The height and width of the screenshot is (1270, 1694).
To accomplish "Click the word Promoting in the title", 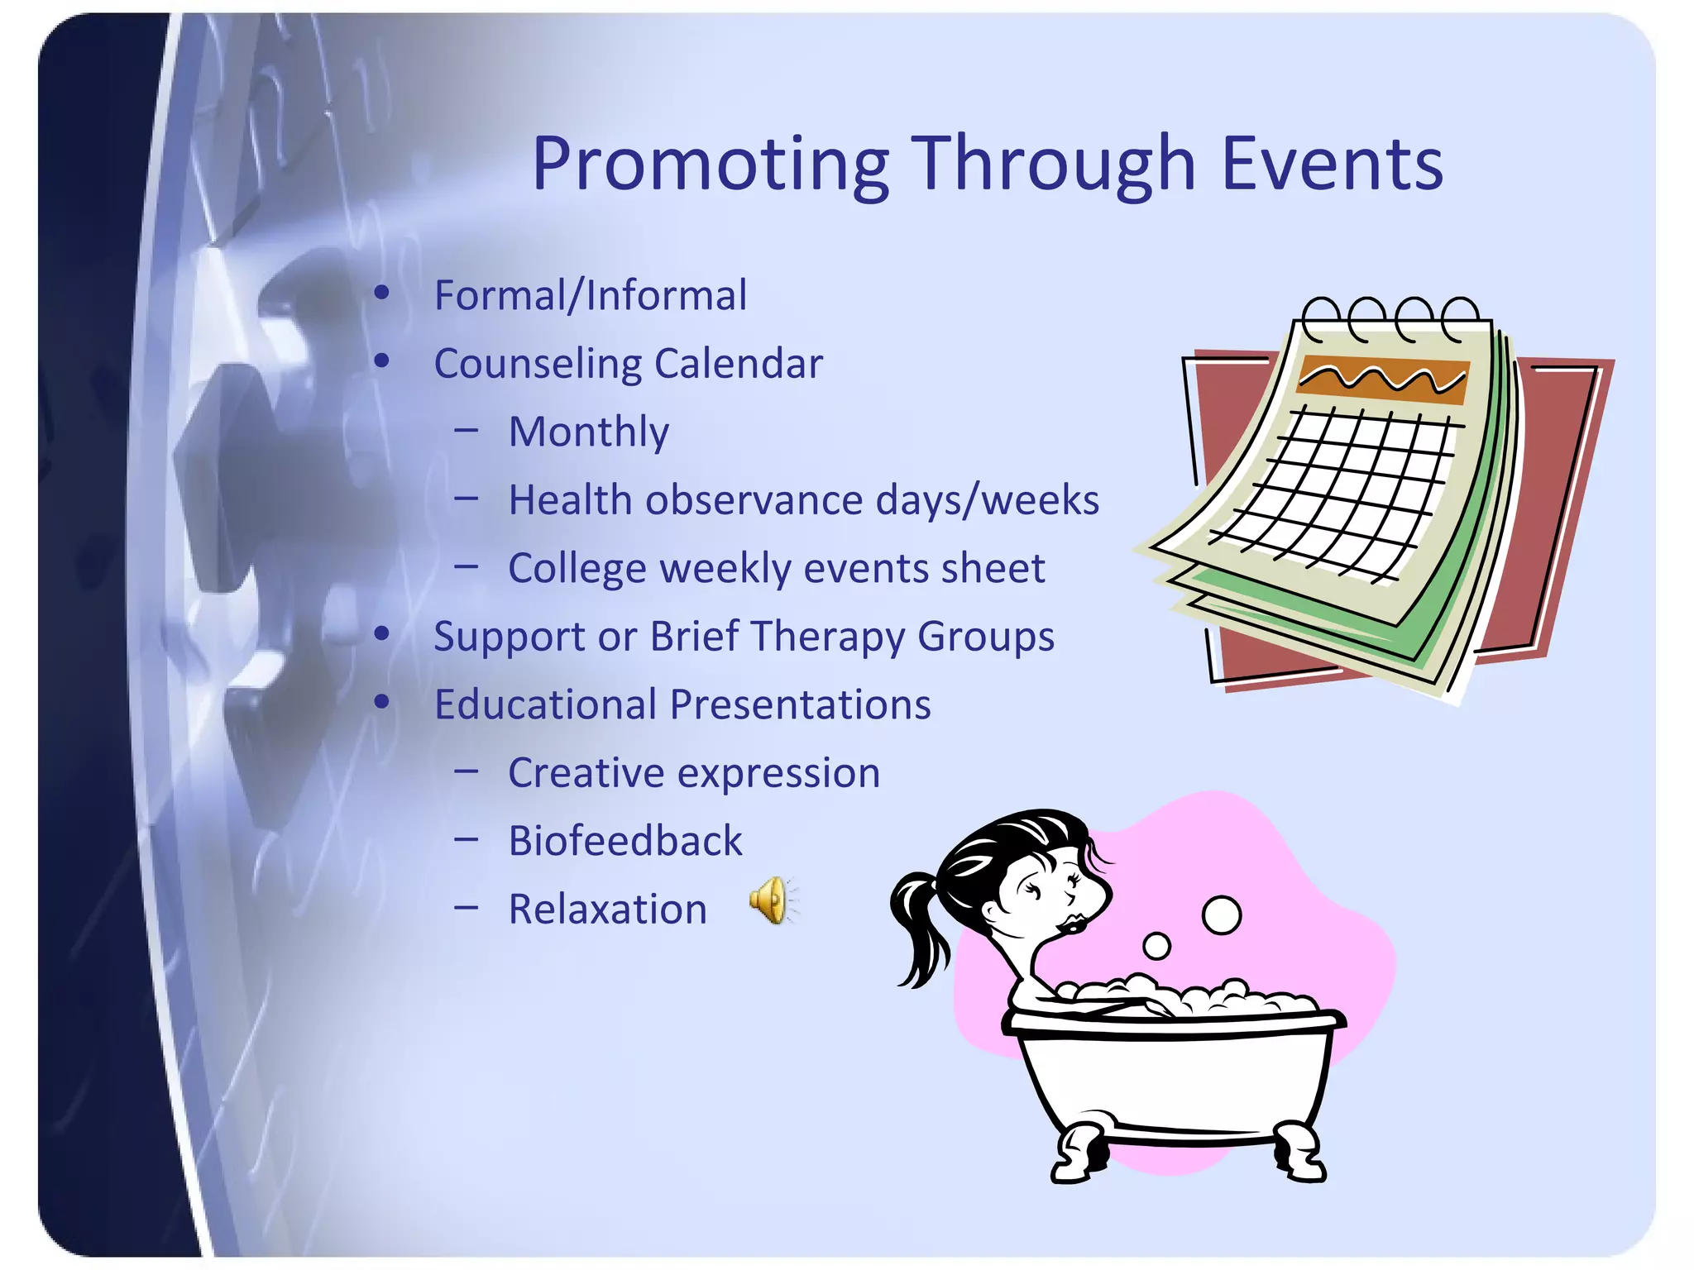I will click(710, 165).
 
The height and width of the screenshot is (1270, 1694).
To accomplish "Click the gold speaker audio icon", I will click(772, 900).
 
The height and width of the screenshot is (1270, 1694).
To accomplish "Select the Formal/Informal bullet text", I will click(590, 295).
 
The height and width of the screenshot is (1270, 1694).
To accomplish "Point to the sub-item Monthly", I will click(588, 432).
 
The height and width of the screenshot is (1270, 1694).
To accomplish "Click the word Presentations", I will click(800, 704).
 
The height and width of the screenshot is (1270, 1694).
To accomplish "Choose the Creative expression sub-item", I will click(693, 773).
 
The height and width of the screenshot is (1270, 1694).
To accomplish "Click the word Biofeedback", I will click(624, 841).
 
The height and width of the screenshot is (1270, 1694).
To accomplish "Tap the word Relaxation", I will click(607, 910).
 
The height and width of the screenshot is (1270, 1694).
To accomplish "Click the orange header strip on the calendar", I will click(1382, 380).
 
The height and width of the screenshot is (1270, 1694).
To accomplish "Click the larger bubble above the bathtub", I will click(1221, 915).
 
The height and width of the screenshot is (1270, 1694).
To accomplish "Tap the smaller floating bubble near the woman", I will click(1156, 946).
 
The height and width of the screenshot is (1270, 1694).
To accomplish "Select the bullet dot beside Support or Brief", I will click(381, 634).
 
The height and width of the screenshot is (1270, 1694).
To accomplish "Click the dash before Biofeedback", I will click(467, 839).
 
